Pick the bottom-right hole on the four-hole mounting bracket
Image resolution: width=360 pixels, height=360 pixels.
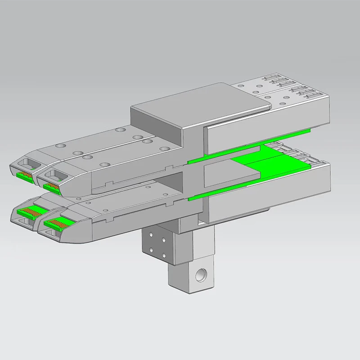[x=163, y=254]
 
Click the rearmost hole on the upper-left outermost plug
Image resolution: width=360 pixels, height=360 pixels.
[x=120, y=129]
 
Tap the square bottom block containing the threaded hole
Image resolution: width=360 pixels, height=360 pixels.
[x=189, y=277]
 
